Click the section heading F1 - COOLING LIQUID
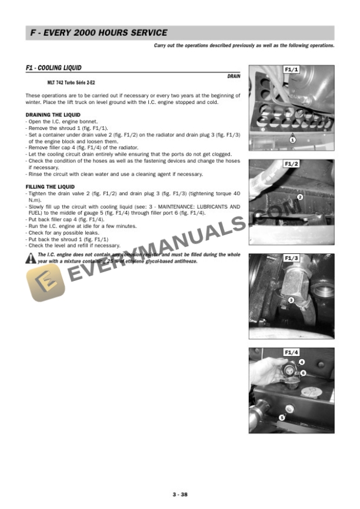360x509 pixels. coord(54,68)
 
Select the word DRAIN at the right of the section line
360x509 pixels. coord(234,77)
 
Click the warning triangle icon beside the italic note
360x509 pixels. coord(31,257)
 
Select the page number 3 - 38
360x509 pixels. coord(180,494)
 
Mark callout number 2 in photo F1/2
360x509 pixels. coord(299,197)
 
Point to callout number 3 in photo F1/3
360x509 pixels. coord(291,300)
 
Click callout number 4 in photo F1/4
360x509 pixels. coord(302,362)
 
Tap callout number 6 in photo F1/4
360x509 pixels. coord(303,373)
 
